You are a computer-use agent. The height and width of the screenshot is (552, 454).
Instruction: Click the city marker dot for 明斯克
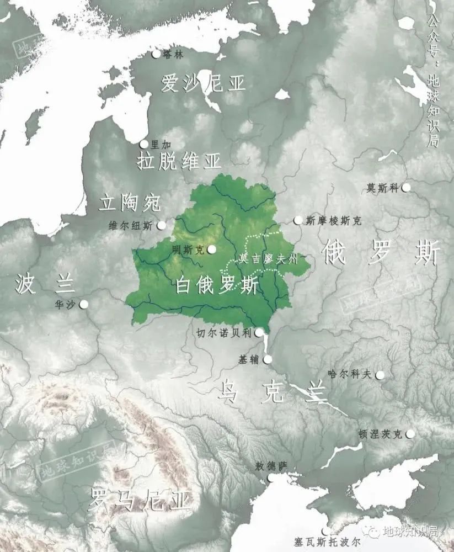point(212,250)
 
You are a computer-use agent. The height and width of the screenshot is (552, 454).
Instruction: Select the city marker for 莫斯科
point(406,188)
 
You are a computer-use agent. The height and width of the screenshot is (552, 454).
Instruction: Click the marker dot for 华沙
point(84,304)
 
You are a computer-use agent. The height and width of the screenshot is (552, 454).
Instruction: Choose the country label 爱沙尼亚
point(203,84)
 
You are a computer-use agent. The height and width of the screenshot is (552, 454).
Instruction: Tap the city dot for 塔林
point(156,54)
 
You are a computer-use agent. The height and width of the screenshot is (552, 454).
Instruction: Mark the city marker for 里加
point(144,144)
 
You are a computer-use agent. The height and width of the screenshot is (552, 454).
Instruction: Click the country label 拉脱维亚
point(179,161)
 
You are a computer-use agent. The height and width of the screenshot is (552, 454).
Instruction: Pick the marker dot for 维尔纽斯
point(162,225)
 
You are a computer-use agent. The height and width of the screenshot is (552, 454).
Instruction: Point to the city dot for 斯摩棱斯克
point(298,220)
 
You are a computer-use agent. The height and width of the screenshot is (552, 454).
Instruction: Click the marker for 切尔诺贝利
point(258,332)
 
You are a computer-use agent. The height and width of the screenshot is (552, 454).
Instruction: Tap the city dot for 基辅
point(268,359)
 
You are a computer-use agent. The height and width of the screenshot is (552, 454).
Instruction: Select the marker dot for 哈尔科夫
point(380,375)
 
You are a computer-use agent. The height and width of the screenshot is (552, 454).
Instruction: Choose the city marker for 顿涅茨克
point(410,434)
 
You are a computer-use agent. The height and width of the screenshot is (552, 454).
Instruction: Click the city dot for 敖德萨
point(270,479)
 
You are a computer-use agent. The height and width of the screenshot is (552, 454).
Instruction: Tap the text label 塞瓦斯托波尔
point(328,542)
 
